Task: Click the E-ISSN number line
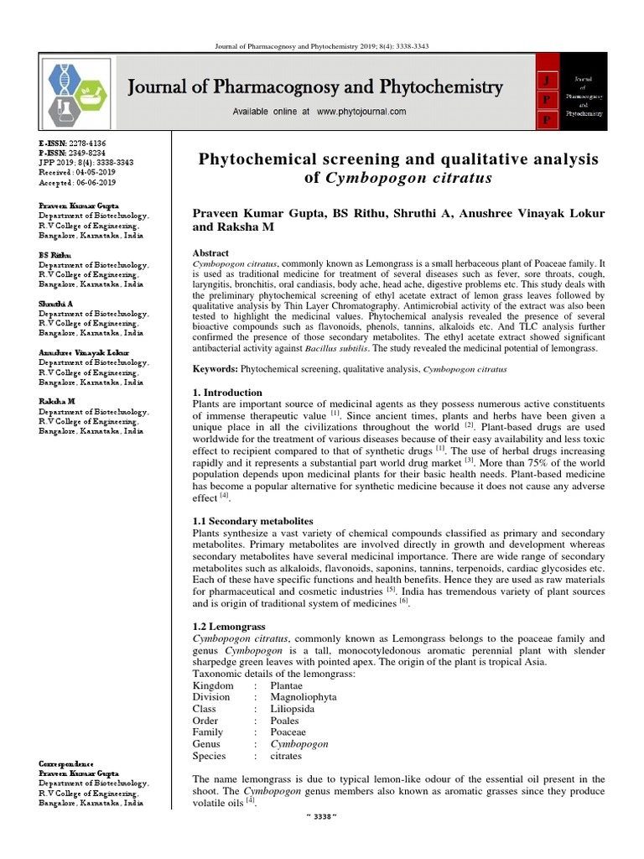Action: [x=72, y=144]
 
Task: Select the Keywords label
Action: [x=216, y=369]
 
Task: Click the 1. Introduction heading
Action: [x=227, y=392]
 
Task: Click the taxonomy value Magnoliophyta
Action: [x=304, y=696]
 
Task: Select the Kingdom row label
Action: [x=213, y=685]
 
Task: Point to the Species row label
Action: [x=210, y=755]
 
